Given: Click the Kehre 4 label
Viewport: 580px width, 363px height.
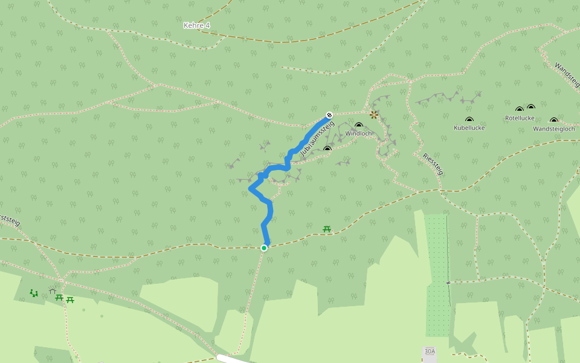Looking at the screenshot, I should [x=197, y=25].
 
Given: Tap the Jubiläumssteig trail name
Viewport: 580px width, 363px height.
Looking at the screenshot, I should [x=317, y=139].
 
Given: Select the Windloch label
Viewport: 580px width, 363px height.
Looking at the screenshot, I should [x=358, y=133].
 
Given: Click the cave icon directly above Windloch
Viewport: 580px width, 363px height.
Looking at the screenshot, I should [x=359, y=125].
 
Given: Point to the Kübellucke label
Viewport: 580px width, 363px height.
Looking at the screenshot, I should [x=469, y=128].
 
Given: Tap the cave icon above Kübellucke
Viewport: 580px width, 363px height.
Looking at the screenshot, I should [x=469, y=120].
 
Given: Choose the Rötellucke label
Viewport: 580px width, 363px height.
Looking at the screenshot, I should [x=520, y=118].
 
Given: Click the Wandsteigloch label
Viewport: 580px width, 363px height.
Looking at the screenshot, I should [x=553, y=129].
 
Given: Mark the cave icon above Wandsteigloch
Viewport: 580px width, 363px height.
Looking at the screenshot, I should [x=554, y=120].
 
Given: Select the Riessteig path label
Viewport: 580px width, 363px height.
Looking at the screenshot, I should [x=433, y=164].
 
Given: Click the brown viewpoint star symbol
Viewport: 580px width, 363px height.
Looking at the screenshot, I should [x=374, y=114].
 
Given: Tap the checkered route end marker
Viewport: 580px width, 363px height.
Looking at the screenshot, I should [x=329, y=114].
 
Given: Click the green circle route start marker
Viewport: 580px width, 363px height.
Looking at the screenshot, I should [x=264, y=247].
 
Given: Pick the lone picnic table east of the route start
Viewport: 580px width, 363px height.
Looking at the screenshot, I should [x=327, y=229].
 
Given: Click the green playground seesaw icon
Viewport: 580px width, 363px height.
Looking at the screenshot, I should [x=34, y=293].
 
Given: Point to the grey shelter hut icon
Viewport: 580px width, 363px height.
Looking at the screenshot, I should [x=53, y=290].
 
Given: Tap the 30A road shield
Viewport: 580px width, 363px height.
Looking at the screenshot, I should [x=430, y=352].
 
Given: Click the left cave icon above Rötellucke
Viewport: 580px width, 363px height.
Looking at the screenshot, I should [x=520, y=110].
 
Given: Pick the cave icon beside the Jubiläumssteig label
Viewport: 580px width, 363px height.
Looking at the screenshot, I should [x=327, y=148].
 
